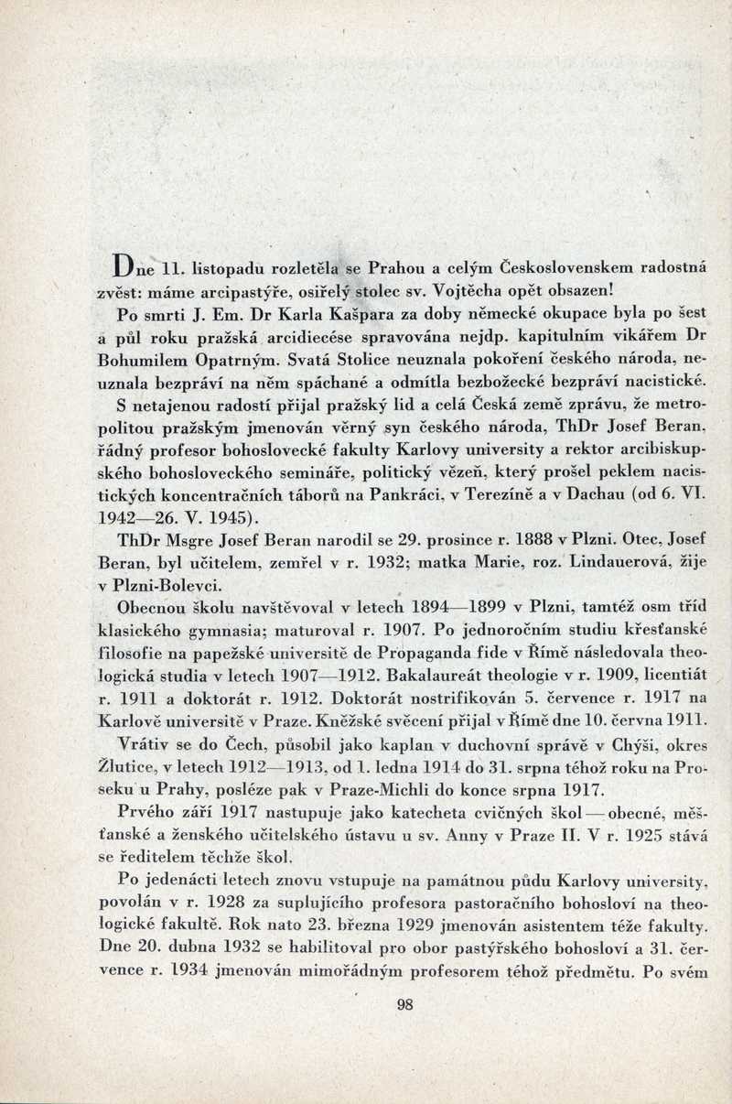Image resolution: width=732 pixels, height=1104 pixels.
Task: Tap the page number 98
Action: point(405,1004)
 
